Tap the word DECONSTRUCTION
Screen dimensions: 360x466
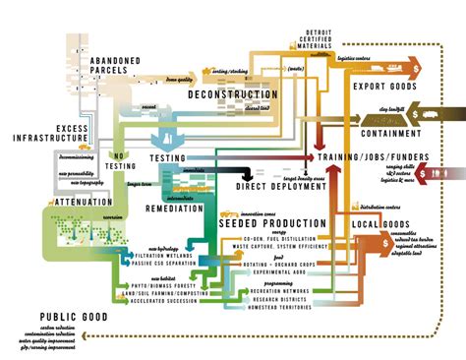click(x=234, y=95)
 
